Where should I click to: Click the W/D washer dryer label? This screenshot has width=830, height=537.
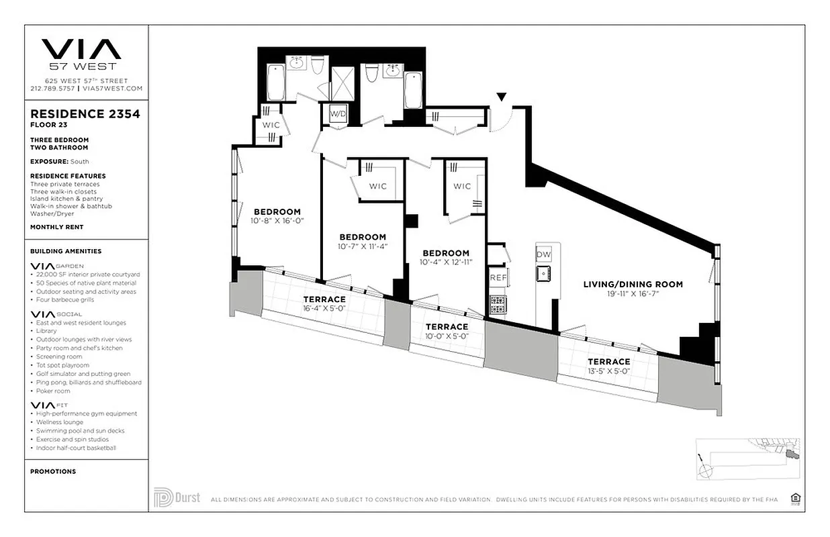tap(336, 114)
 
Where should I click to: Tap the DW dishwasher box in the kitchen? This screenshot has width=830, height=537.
tap(543, 254)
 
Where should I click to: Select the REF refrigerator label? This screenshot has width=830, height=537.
tap(498, 277)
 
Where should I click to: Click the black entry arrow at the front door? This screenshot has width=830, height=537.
tap(501, 98)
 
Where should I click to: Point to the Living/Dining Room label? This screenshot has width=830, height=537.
tap(633, 284)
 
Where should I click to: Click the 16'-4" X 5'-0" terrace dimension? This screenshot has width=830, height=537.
tap(324, 309)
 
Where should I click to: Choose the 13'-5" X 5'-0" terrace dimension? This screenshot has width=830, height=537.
tap(610, 371)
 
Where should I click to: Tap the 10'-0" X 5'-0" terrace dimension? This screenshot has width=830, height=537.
tap(447, 336)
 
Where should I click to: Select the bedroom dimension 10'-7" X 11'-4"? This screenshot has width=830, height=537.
tap(362, 246)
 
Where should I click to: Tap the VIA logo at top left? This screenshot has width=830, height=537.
tap(81, 50)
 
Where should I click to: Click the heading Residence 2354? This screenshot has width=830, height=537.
tap(85, 113)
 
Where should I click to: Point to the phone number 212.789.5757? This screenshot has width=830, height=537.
tap(53, 88)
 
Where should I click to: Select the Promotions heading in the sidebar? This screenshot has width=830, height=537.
tap(53, 471)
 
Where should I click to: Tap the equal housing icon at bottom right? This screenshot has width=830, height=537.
tap(796, 497)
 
